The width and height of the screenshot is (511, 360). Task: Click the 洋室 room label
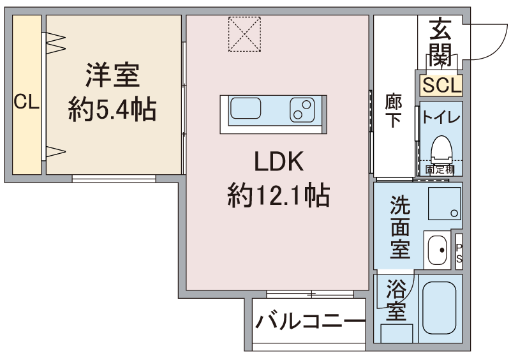click(x=113, y=78)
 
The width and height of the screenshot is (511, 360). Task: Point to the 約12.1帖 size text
click(x=278, y=195)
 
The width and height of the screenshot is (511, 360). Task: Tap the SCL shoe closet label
click(x=441, y=85)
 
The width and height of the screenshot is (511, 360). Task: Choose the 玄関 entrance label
click(x=440, y=43)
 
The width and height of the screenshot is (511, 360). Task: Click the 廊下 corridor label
click(x=393, y=110)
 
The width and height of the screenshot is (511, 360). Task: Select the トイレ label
click(x=441, y=118)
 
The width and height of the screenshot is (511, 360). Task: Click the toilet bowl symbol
click(x=441, y=151)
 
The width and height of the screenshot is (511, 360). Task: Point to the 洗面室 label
click(x=400, y=227)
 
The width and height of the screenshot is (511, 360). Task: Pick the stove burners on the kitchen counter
click(x=302, y=109)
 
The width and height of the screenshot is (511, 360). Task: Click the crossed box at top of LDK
click(x=245, y=34)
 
